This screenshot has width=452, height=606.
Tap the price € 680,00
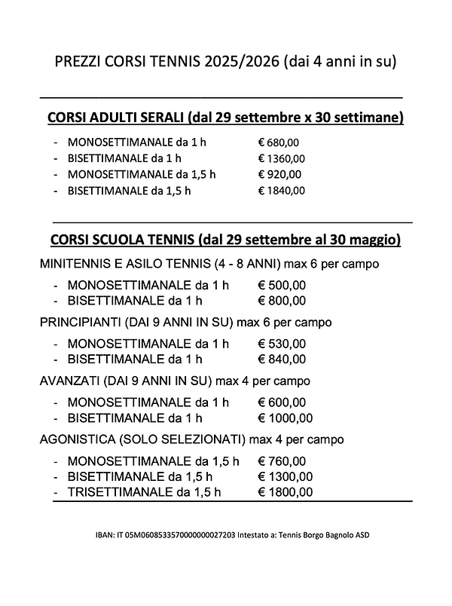pyautogui.click(x=279, y=142)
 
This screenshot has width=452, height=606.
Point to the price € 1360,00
pyautogui.click(x=281, y=158)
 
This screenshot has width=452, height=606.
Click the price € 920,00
pyautogui.click(x=279, y=174)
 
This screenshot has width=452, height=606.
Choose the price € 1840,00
pyautogui.click(x=281, y=191)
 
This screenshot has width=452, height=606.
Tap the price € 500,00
pyautogui.click(x=282, y=286)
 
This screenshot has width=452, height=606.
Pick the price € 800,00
pyautogui.click(x=282, y=301)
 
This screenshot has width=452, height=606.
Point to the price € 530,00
pyautogui.click(x=282, y=344)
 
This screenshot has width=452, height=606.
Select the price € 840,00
pyautogui.click(x=282, y=359)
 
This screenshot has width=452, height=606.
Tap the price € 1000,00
pyautogui.click(x=285, y=418)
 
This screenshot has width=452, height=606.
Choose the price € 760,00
pyautogui.click(x=282, y=461)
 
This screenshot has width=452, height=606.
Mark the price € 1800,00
pyautogui.click(x=285, y=491)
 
